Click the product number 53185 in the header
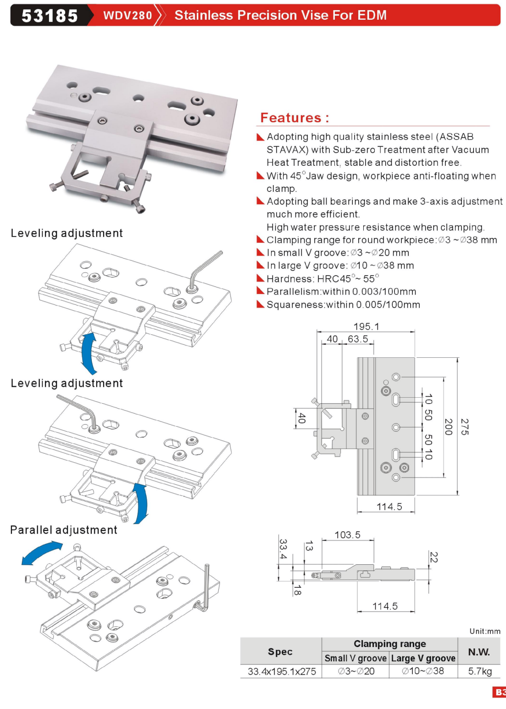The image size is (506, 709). pyautogui.click(x=50, y=16)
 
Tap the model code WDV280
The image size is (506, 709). pyautogui.click(x=128, y=16)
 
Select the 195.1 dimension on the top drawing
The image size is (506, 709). pyautogui.click(x=366, y=326)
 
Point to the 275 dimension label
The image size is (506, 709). pyautogui.click(x=465, y=427)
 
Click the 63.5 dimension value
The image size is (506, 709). pyautogui.click(x=358, y=339)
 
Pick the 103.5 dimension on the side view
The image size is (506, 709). pyautogui.click(x=347, y=535)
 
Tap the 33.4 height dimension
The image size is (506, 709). pyautogui.click(x=283, y=549)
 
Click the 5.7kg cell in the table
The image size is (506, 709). pyautogui.click(x=479, y=671)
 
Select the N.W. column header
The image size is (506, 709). pyautogui.click(x=478, y=652)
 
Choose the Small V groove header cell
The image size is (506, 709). pyautogui.click(x=356, y=658)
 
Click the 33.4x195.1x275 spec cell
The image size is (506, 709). pyautogui.click(x=282, y=671)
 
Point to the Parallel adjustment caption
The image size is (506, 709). pyautogui.click(x=64, y=530)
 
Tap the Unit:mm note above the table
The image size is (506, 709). pyautogui.click(x=484, y=631)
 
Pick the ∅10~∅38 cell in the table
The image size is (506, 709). pyautogui.click(x=423, y=671)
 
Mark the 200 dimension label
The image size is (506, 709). pyautogui.click(x=449, y=427)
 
